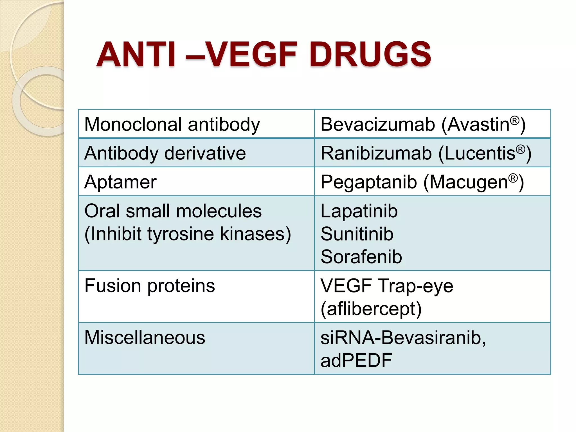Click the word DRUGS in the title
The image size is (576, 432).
pyautogui.click(x=370, y=54)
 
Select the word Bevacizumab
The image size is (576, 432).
pyautogui.click(x=377, y=124)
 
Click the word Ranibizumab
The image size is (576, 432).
pyautogui.click(x=376, y=153)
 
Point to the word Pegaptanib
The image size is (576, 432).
pyautogui.click(x=368, y=182)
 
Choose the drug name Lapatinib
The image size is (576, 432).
pyautogui.click(x=359, y=211)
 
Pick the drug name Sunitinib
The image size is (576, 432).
pyautogui.click(x=357, y=234)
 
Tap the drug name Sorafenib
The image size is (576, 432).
pyautogui.click(x=361, y=257)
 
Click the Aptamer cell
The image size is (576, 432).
pyautogui.click(x=120, y=182)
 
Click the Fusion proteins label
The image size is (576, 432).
pyautogui.click(x=150, y=286)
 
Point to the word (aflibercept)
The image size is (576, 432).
pyautogui.click(x=371, y=309)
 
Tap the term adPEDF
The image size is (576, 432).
pyautogui.click(x=356, y=361)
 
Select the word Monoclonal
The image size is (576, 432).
pyautogui.click(x=133, y=124)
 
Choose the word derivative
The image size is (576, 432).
pyautogui.click(x=205, y=153)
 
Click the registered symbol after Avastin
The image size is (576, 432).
pyautogui.click(x=514, y=121)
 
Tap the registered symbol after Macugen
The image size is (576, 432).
pyautogui.click(x=513, y=178)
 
